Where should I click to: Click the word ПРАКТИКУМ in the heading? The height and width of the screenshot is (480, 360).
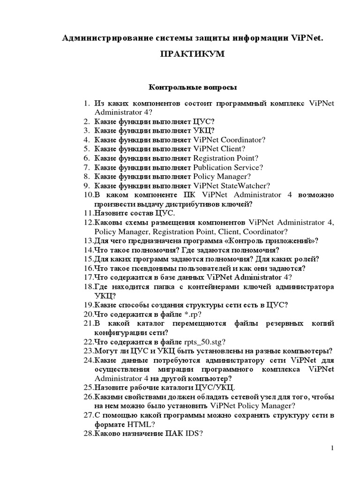click(193, 54)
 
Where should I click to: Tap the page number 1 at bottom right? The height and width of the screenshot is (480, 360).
click(332, 449)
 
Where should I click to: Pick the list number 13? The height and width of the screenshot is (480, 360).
click(89, 241)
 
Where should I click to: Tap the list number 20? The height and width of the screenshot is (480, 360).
click(89, 314)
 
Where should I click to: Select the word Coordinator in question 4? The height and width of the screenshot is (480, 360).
click(243, 140)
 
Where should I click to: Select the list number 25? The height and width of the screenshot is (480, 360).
click(89, 388)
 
